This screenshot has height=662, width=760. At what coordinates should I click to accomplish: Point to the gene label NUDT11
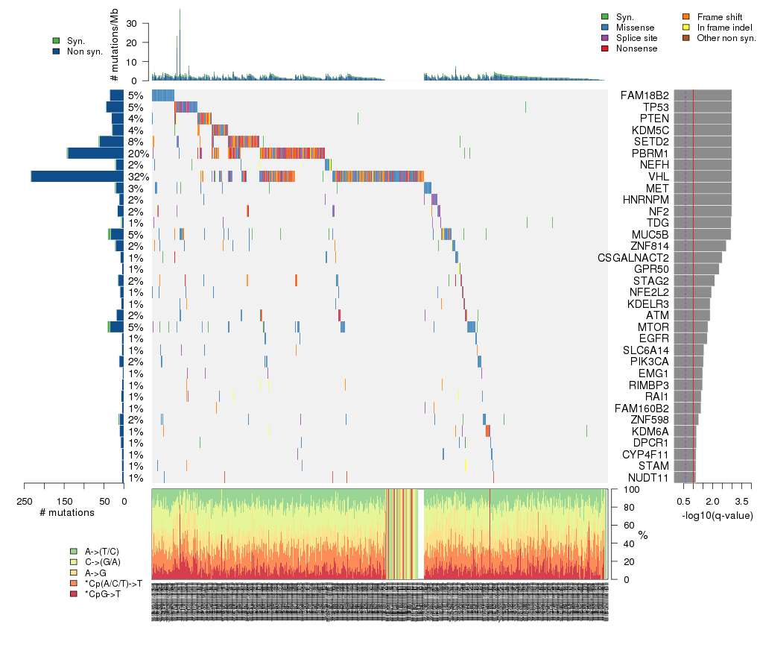(647, 478)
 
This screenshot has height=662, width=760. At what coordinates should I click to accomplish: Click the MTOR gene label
(652, 327)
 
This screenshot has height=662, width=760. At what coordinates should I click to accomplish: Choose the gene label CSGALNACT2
(633, 258)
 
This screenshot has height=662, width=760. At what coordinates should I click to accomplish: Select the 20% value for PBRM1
(138, 153)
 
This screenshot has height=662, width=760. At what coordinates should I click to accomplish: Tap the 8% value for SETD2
(135, 142)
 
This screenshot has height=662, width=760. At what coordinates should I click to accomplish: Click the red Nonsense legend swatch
(605, 48)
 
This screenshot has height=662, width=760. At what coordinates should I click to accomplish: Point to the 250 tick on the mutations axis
(25, 501)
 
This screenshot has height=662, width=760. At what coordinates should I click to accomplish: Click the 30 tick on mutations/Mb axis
(136, 23)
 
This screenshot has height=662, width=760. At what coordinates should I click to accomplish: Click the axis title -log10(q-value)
(717, 515)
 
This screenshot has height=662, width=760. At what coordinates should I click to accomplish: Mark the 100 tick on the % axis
(624, 490)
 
